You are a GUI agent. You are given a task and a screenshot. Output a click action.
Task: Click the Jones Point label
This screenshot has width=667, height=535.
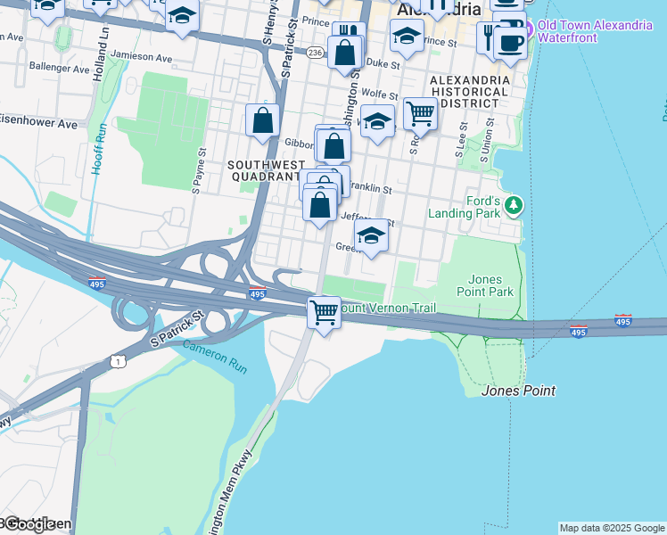click(518, 391)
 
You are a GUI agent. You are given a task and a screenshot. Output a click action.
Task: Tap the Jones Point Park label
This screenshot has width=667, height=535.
click(490, 284)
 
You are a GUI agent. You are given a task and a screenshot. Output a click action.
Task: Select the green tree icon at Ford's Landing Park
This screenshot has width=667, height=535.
click(513, 206)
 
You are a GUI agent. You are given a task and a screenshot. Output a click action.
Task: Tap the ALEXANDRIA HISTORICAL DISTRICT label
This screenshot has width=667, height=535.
click(470, 91)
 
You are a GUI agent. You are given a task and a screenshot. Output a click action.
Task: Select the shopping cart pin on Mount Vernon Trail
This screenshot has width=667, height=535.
click(324, 313)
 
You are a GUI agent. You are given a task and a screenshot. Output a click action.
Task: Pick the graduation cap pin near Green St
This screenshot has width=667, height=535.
click(371, 235)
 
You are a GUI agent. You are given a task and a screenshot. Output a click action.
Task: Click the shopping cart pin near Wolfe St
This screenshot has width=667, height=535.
click(419, 113)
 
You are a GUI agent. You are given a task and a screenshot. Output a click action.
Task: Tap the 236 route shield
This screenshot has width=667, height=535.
click(315, 53)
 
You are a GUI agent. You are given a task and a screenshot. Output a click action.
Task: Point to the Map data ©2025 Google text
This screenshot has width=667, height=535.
click(612, 528)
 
